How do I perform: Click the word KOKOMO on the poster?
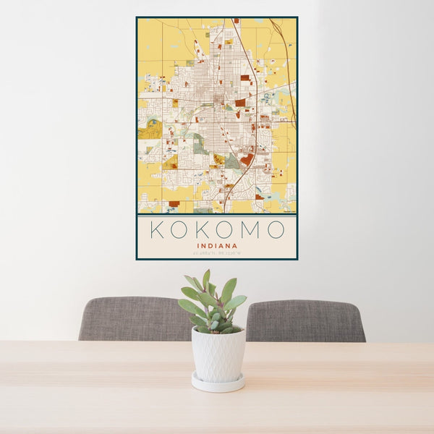coord(216,230)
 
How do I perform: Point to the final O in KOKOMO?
coord(275,230)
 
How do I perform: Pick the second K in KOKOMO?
coord(203,230)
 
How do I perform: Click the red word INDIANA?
coord(216,245)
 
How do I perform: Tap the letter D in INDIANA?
coord(208,245)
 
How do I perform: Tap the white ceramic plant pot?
coord(218,354)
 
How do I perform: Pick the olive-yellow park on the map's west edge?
coord(150,129)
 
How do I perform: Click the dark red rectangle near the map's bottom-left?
coord(174,204)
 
